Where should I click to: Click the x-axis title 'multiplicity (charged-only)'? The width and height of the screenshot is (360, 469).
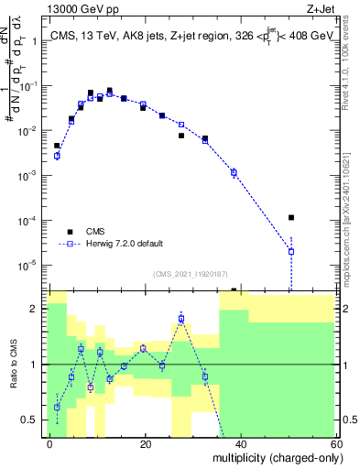[279, 457]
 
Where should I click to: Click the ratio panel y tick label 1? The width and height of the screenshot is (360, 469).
[36, 365]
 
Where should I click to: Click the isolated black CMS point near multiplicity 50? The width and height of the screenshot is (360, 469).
[290, 218]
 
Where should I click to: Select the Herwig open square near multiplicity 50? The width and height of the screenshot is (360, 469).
[290, 251]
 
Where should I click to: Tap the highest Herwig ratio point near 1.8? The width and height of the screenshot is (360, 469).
[181, 319]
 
